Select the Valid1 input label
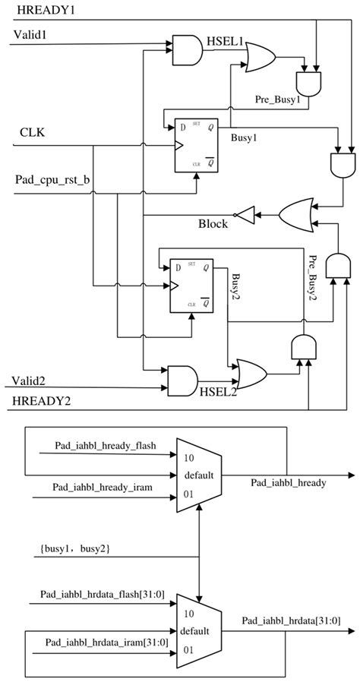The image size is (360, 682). point(31,35)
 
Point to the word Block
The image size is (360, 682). point(213,224)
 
